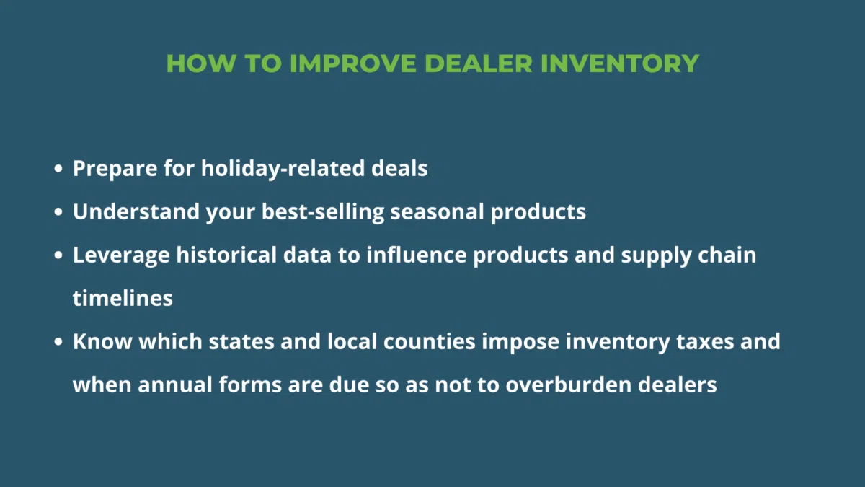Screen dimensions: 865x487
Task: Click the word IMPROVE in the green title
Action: [353, 63]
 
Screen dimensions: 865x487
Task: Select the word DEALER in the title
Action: [479, 63]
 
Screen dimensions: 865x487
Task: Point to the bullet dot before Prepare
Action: [58, 169]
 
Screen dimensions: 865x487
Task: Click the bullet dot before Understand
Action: [58, 212]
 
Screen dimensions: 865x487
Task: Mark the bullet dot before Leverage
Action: [58, 255]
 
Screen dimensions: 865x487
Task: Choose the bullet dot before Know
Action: [58, 342]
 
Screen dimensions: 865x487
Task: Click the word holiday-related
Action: [283, 169]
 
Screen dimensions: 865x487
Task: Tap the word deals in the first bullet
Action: [399, 169]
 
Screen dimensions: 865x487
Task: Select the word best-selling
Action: [323, 212]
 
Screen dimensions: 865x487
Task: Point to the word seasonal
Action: [437, 212]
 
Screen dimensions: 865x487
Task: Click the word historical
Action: [226, 255]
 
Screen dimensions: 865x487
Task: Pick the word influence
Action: [417, 255]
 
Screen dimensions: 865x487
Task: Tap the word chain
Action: [727, 255]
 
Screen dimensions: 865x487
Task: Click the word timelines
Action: [123, 299]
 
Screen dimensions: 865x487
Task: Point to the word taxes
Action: [705, 342]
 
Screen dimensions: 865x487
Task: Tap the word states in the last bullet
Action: [241, 342]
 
